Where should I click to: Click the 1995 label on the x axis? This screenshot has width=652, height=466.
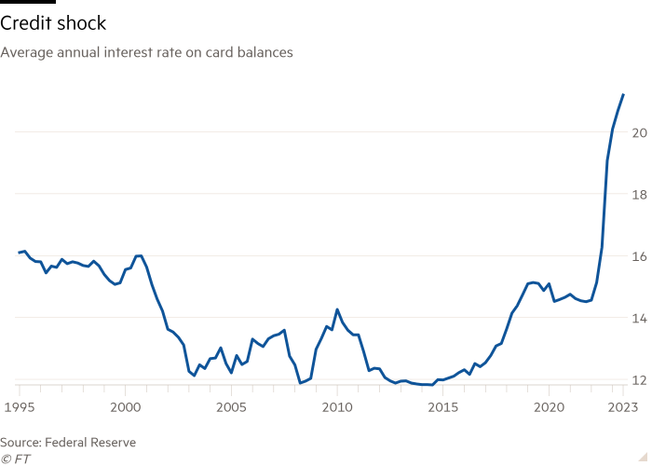point(18,407)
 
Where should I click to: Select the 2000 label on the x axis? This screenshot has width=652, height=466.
point(125,407)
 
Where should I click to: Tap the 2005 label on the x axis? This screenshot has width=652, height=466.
point(231,407)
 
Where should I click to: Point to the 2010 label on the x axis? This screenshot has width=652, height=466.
point(337,407)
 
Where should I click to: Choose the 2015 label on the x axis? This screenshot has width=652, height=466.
point(443,407)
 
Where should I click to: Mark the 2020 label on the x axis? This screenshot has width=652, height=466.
point(550,407)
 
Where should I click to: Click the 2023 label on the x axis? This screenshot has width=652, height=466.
point(622,407)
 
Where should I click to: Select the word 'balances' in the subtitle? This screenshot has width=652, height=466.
point(266,53)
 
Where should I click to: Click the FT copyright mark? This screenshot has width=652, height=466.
point(16,459)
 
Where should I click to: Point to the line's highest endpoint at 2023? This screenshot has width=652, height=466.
point(623,94)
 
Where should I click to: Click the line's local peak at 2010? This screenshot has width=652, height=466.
point(337,309)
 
